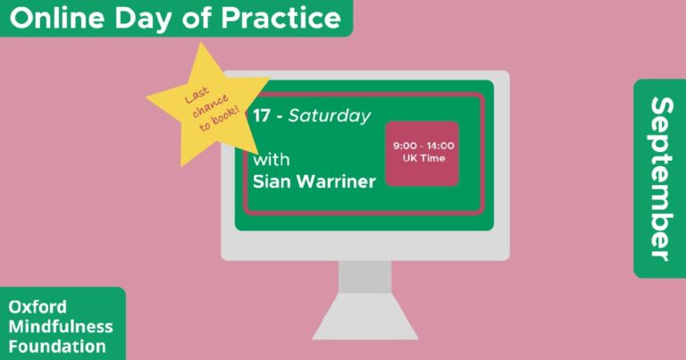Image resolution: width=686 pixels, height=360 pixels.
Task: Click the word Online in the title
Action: coord(57,18)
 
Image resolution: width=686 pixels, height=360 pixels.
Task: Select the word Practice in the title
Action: coord(280,18)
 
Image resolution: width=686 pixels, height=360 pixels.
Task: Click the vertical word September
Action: coord(661,179)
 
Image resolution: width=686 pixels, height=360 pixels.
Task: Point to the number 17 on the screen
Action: coord(262,115)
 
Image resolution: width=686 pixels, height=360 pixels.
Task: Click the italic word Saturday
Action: coord(330,116)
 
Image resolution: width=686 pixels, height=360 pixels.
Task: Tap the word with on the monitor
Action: coord(272,159)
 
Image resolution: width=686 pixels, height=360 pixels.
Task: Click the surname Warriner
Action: coord(336,181)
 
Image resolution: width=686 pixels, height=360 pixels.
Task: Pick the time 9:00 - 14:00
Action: coord(423,146)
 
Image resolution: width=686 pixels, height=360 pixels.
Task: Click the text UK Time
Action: coord(423,158)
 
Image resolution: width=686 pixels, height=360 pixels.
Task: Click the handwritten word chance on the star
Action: coord(210,105)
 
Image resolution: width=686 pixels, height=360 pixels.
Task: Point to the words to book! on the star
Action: coord(219,119)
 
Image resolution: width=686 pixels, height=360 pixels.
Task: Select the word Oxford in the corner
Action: coord(38,306)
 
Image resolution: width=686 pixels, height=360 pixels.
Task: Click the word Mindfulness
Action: coord(61,326)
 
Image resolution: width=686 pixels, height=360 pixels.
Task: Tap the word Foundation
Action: coord(57,347)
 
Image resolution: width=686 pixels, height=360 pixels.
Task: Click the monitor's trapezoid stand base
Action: coord(364,316)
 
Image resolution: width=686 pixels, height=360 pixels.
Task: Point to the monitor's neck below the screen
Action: coord(364,277)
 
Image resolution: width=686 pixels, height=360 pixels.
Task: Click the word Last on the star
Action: coord(197,96)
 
